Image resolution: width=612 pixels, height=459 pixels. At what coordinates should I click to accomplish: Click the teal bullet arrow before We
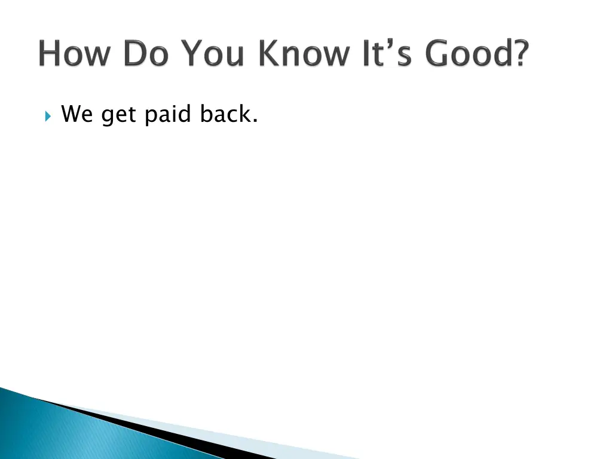48,115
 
